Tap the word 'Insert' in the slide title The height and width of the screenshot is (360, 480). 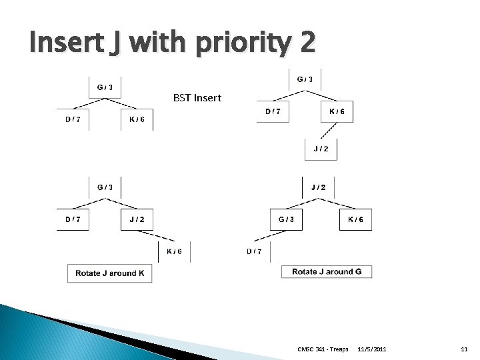pyautogui.click(x=63, y=43)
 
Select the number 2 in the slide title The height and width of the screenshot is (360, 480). pyautogui.click(x=307, y=43)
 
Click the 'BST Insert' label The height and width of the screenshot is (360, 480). pyautogui.click(x=197, y=98)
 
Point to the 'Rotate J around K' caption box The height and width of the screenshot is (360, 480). pyautogui.click(x=110, y=273)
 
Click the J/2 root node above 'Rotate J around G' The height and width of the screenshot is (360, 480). pyautogui.click(x=319, y=187)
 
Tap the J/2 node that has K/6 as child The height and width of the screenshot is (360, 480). pyautogui.click(x=137, y=219)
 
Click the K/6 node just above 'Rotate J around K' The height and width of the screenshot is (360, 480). pyautogui.click(x=174, y=251)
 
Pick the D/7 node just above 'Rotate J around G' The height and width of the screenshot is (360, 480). pyautogui.click(x=254, y=251)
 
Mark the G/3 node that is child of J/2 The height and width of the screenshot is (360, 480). pyautogui.click(x=287, y=219)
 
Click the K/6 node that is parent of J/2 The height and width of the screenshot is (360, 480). pyautogui.click(x=337, y=111)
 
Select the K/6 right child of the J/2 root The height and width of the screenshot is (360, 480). pyautogui.click(x=355, y=219)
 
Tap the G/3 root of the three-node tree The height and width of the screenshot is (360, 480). pyautogui.click(x=105, y=87)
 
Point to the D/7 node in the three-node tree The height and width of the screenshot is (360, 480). pyautogui.click(x=72, y=119)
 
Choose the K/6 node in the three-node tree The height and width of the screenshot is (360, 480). pyautogui.click(x=137, y=119)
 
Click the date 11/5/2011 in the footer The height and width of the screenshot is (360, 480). pyautogui.click(x=371, y=349)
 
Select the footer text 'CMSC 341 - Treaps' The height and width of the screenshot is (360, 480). pyautogui.click(x=323, y=349)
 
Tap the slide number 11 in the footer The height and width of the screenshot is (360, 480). pyautogui.click(x=465, y=349)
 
